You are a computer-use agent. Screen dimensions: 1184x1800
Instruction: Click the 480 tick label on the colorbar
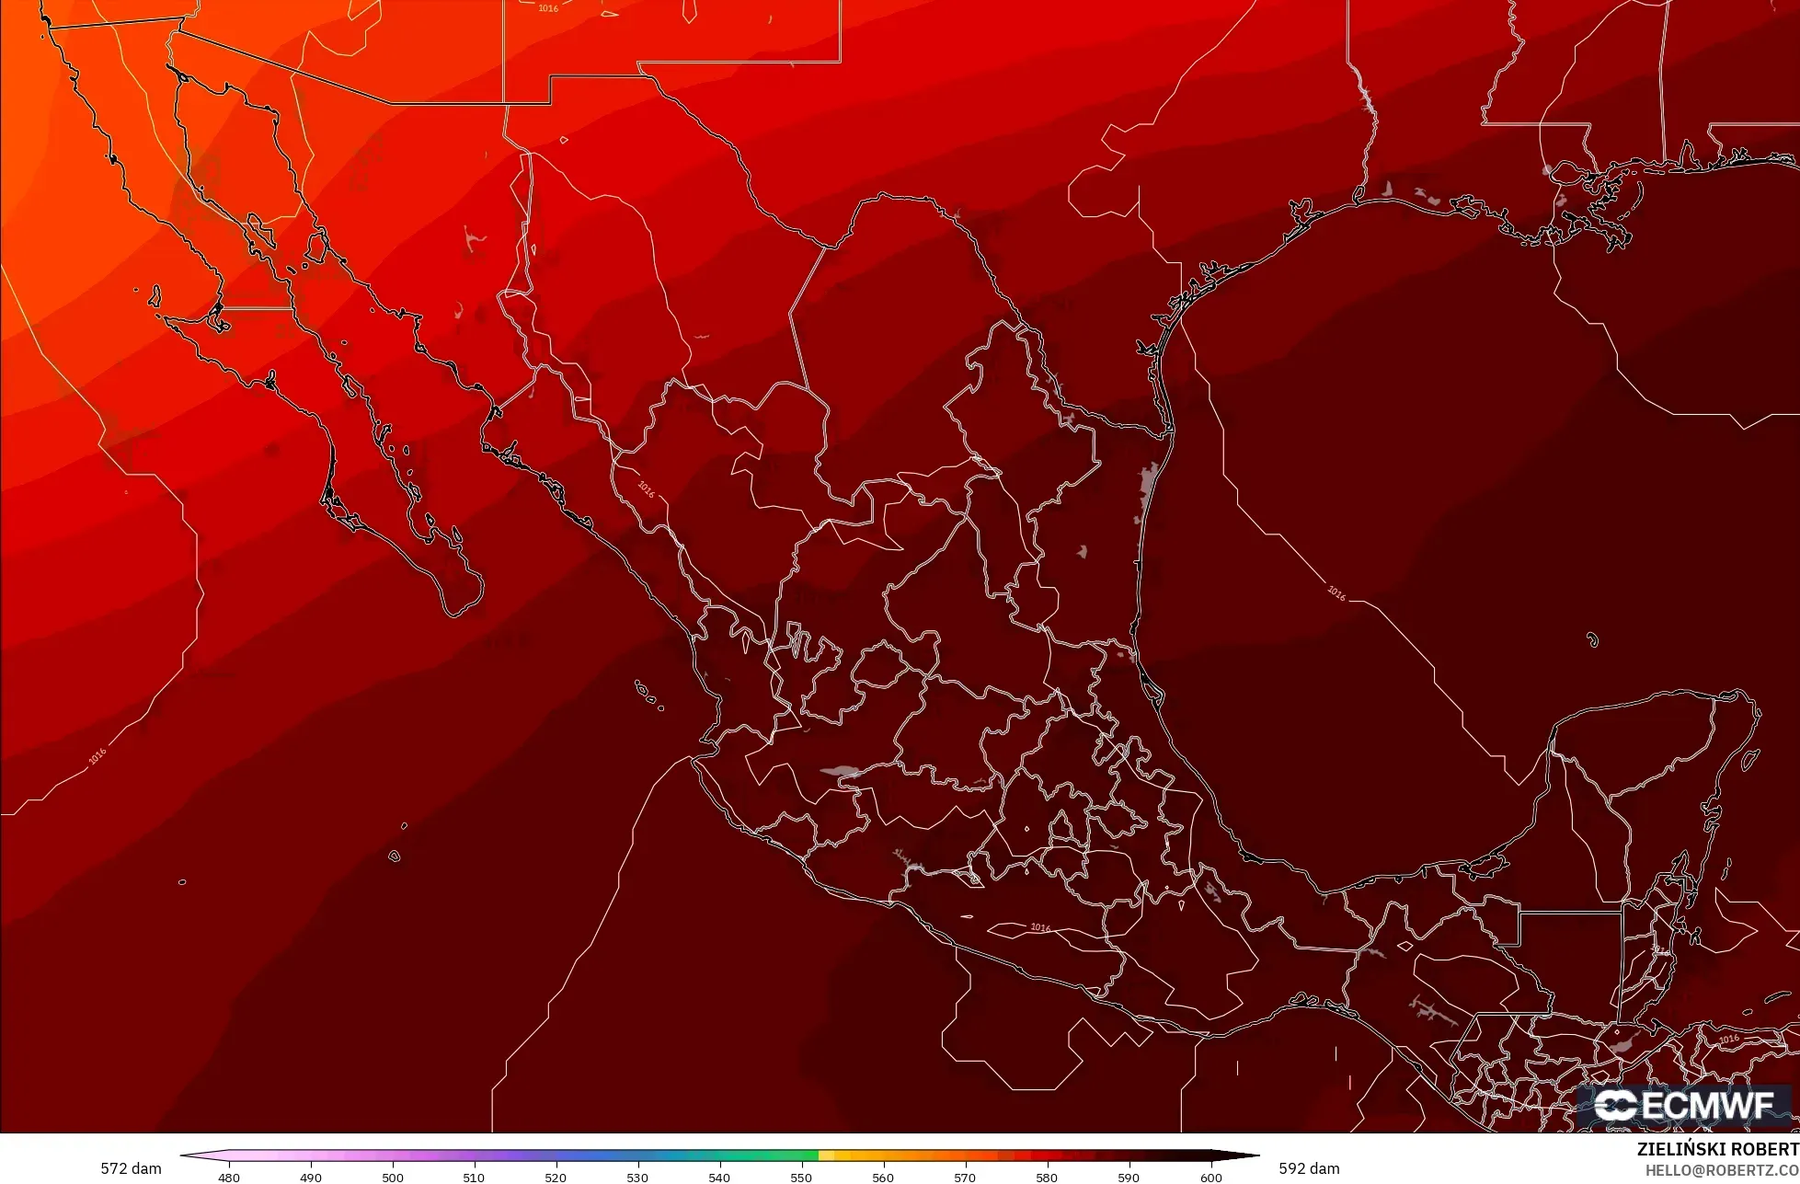pyautogui.click(x=229, y=1178)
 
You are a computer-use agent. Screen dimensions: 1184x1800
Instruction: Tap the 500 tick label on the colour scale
pyautogui.click(x=393, y=1178)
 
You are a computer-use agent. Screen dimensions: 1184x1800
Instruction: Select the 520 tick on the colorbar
pyautogui.click(x=556, y=1178)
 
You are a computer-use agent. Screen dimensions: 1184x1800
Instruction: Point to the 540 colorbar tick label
pyautogui.click(x=719, y=1178)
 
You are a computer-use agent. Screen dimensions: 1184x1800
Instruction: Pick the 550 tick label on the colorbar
pyautogui.click(x=801, y=1178)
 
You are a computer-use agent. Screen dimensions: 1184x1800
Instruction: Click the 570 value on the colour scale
pyautogui.click(x=965, y=1178)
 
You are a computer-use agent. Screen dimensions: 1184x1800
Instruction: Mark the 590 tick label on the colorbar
pyautogui.click(x=1129, y=1178)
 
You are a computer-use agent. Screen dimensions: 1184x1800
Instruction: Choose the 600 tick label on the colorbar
pyautogui.click(x=1210, y=1178)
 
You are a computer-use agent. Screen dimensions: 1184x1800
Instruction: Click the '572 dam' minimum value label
pyautogui.click(x=131, y=1168)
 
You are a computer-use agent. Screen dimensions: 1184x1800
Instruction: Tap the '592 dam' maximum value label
pyautogui.click(x=1309, y=1168)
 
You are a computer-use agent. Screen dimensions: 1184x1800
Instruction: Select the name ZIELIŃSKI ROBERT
pyautogui.click(x=1717, y=1150)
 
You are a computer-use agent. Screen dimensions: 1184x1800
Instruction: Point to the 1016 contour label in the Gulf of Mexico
pyautogui.click(x=1336, y=593)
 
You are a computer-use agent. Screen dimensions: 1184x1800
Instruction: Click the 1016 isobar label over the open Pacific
pyautogui.click(x=97, y=756)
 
